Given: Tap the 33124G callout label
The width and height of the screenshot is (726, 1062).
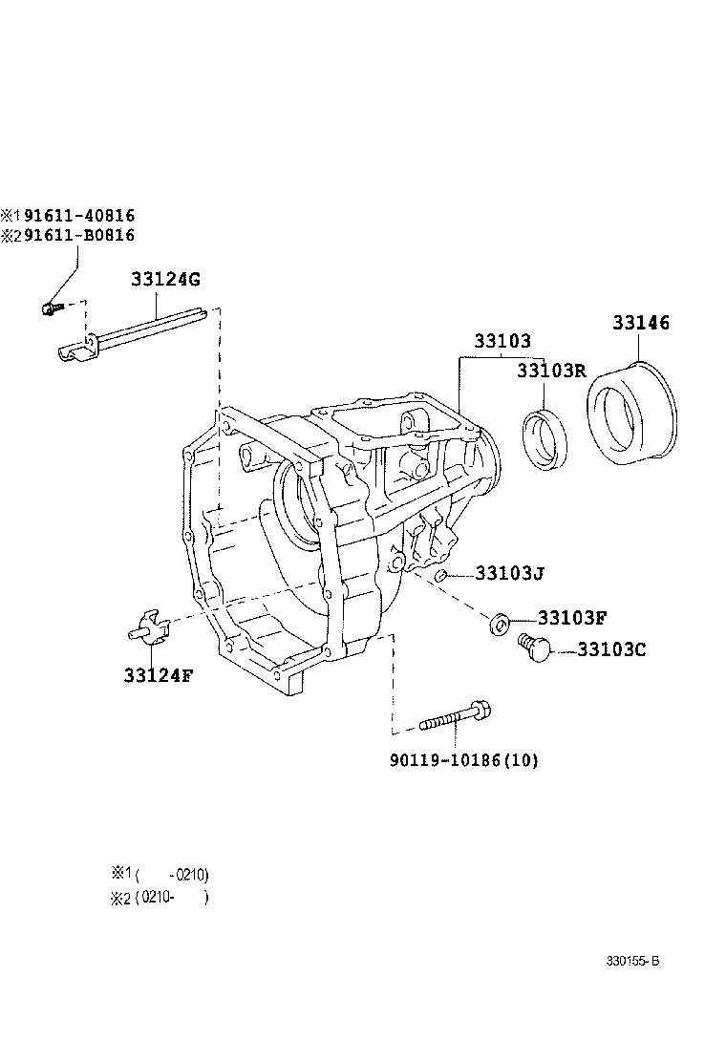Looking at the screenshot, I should click(165, 279).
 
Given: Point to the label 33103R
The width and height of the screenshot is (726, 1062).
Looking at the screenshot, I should click(550, 371).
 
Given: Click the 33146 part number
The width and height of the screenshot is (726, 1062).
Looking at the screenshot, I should click(641, 324).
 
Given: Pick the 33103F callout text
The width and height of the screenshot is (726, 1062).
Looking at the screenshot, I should click(572, 619).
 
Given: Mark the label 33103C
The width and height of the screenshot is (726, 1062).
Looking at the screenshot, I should click(612, 650).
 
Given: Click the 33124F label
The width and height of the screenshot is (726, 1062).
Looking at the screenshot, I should click(158, 674).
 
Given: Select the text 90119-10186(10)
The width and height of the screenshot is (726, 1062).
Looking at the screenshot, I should click(464, 760).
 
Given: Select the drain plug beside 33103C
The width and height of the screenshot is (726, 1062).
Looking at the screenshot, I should click(534, 648).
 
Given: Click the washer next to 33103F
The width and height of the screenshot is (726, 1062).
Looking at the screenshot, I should click(498, 625).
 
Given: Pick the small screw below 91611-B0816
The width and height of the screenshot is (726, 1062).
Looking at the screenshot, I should click(50, 308).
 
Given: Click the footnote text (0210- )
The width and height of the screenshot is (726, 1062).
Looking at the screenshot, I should click(172, 897).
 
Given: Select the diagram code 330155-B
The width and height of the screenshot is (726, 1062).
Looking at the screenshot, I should click(631, 961).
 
